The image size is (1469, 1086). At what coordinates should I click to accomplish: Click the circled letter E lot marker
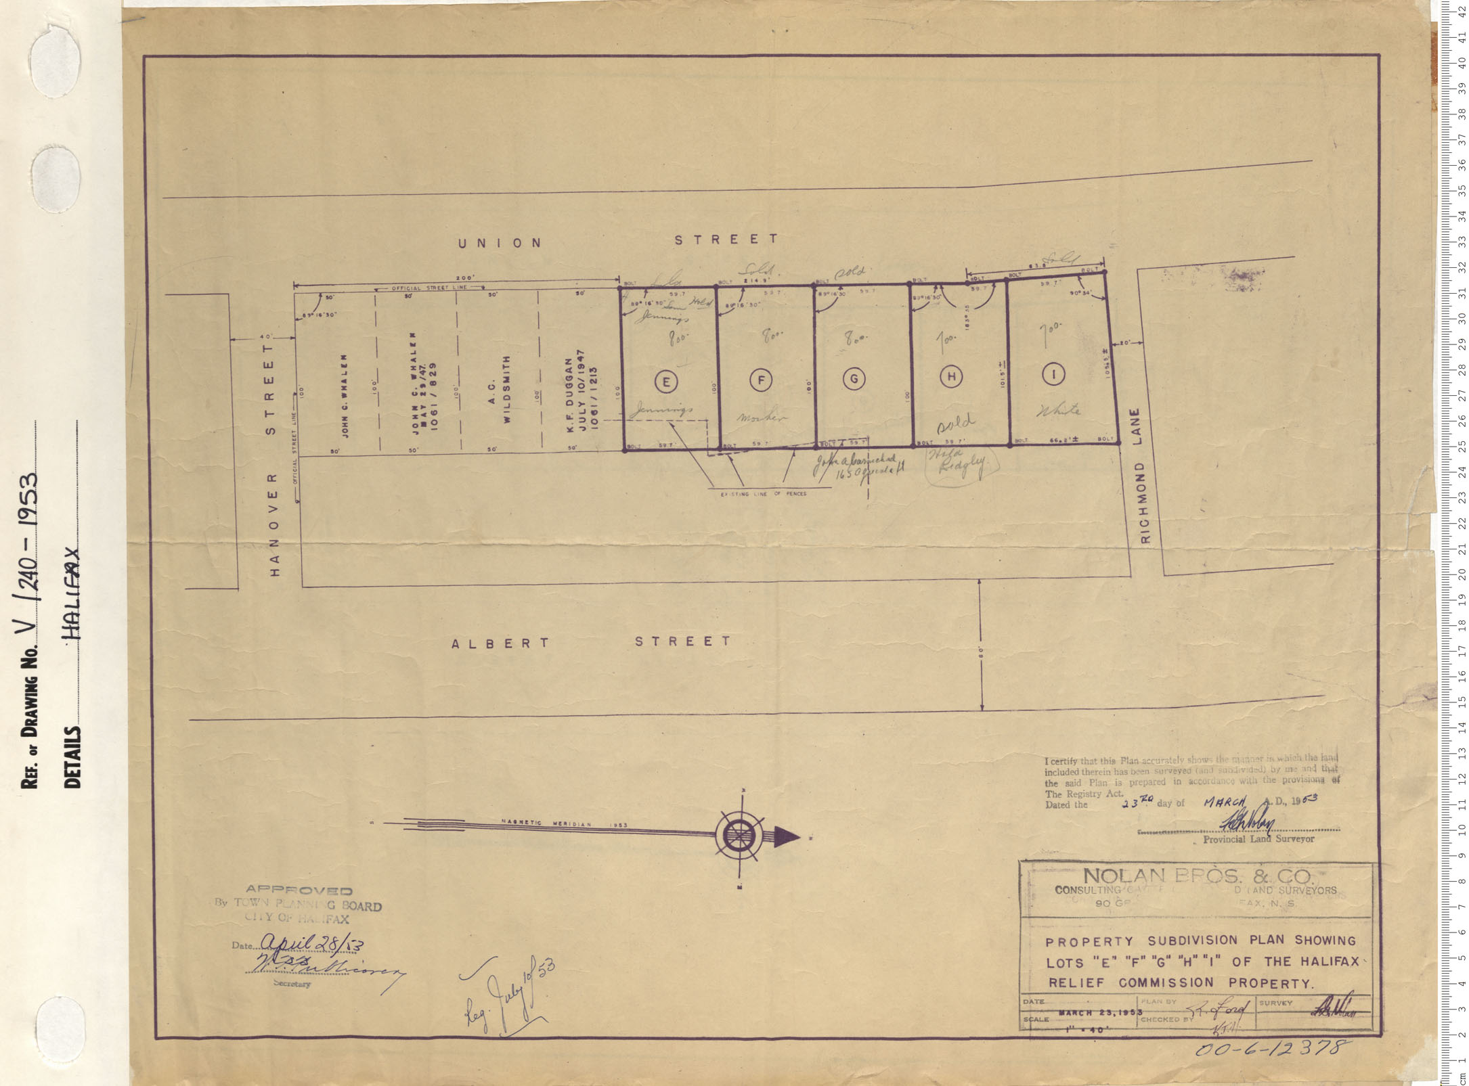[x=666, y=382]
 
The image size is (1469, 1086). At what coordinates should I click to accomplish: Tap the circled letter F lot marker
[x=761, y=381]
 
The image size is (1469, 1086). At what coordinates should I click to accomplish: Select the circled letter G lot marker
[x=854, y=379]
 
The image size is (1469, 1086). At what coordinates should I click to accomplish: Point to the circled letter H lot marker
[x=951, y=377]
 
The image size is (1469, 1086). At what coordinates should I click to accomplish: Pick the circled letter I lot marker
[x=1054, y=374]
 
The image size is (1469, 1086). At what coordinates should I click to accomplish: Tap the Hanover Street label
[x=273, y=459]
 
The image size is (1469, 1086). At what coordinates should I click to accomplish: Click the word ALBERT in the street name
[x=501, y=643]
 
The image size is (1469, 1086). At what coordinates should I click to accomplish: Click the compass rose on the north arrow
[x=739, y=836]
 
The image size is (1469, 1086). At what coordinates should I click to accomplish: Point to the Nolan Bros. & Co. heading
[x=1198, y=877]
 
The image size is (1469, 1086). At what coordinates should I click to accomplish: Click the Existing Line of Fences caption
[x=763, y=494]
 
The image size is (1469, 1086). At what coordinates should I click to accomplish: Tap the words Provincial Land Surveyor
[x=1258, y=838]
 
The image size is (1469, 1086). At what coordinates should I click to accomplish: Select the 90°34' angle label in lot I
[x=1082, y=294]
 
